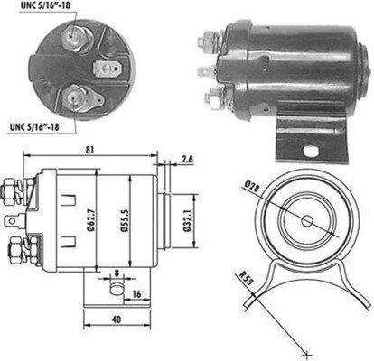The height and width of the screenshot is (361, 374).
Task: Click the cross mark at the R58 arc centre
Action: (308, 350)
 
